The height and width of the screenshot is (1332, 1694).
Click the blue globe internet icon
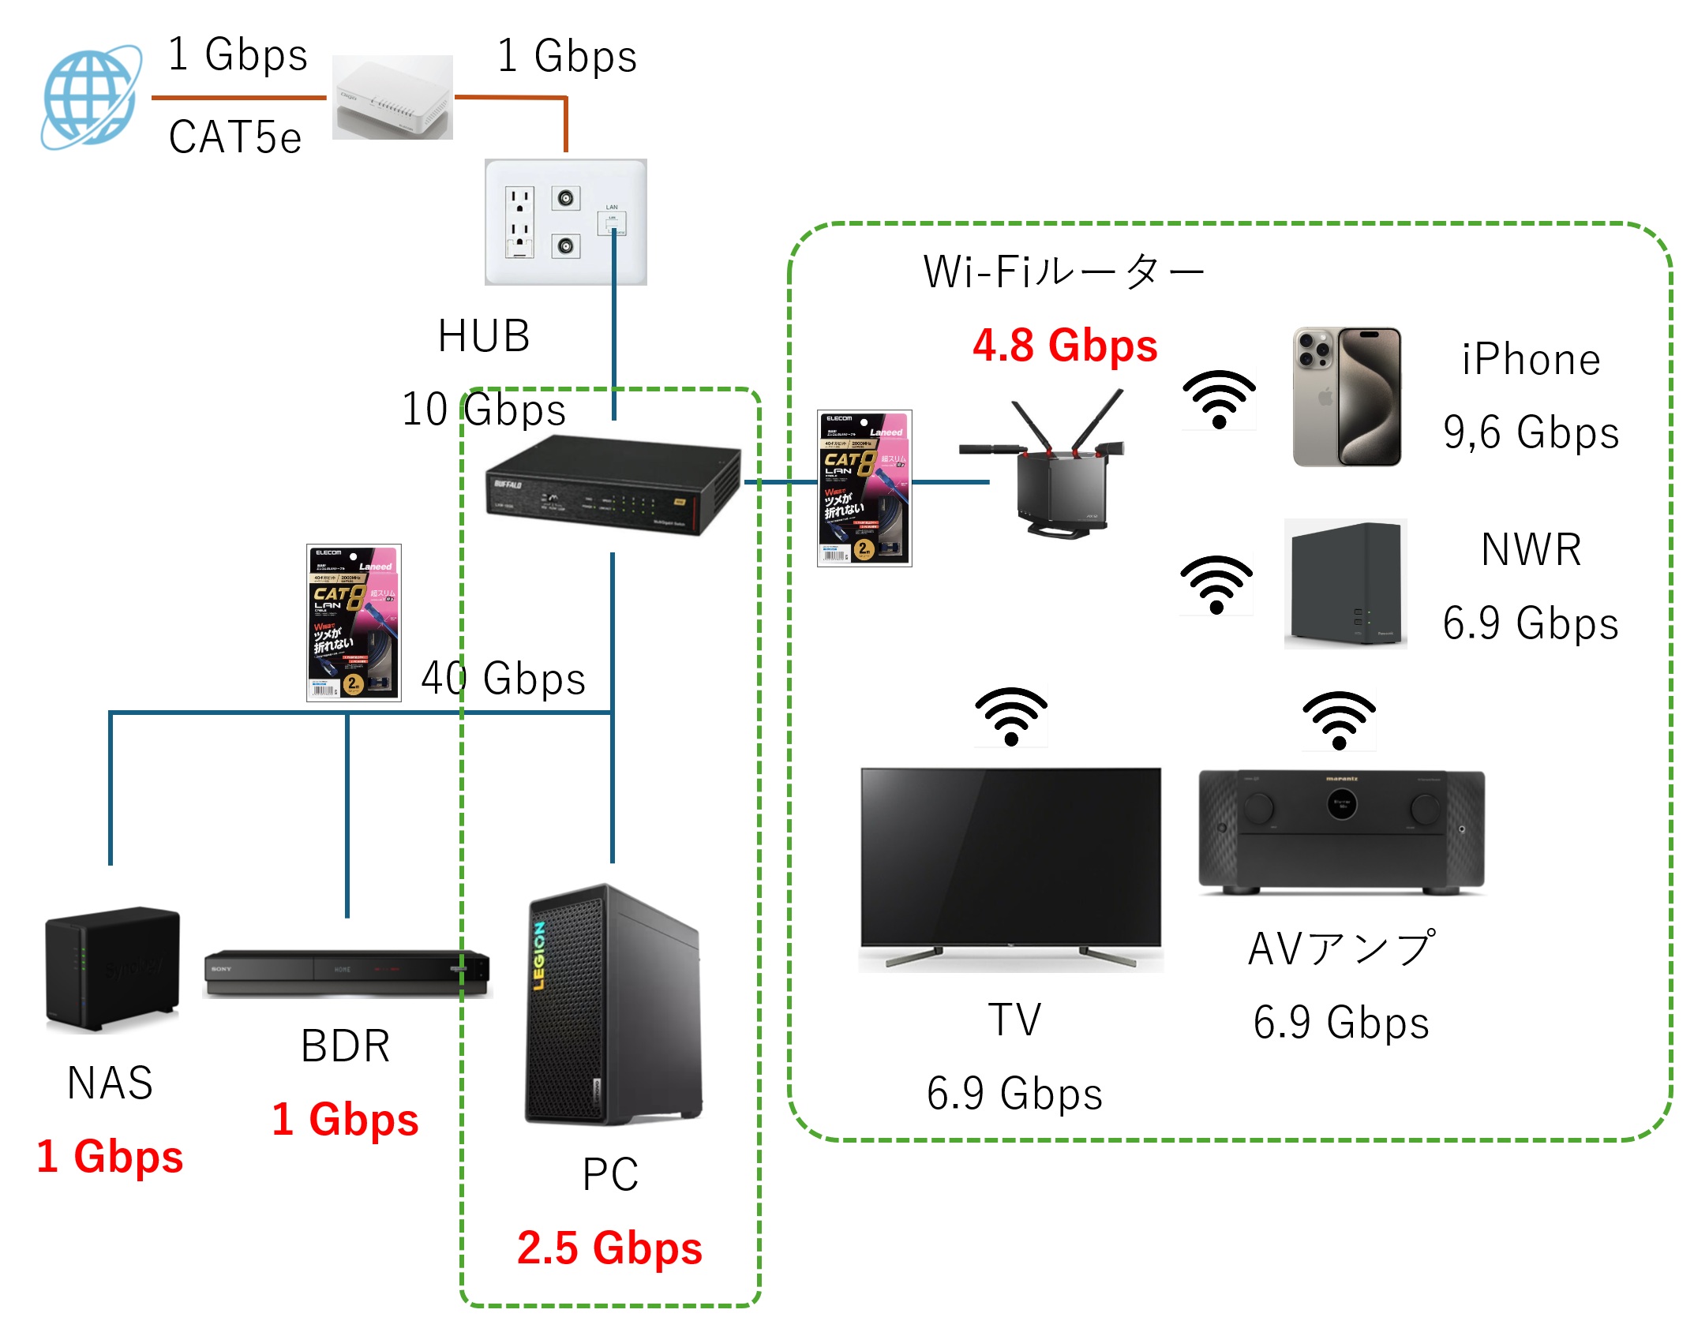[91, 96]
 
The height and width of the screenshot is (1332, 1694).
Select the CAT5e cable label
[234, 137]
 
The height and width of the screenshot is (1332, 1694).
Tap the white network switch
[392, 98]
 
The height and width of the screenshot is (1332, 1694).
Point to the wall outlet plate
[565, 222]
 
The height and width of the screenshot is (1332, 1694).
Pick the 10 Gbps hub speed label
[483, 410]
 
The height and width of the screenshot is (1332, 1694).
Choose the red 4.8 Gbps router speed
[1064, 346]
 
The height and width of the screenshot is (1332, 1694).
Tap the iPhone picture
[1347, 397]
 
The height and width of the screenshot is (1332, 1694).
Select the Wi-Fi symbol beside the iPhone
[1218, 399]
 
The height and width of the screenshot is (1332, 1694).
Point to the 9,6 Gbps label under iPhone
[1531, 432]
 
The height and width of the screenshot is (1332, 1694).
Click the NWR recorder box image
[1345, 584]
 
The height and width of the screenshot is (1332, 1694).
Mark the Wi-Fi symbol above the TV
[1010, 716]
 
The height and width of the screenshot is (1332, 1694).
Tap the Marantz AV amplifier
[1341, 831]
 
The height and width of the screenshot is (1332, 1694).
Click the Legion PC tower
[613, 1005]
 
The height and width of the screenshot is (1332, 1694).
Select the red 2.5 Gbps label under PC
[609, 1248]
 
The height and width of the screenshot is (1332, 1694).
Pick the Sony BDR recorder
[347, 973]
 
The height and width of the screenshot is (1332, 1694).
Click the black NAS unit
[112, 969]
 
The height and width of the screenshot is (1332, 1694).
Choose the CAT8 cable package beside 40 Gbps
[354, 623]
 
